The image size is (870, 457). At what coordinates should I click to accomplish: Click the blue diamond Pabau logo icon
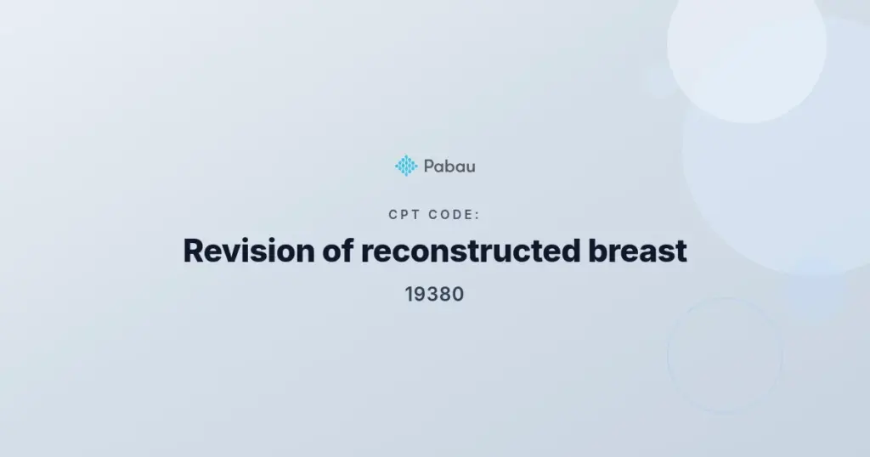coord(406,166)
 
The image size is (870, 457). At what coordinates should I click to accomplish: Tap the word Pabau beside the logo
coord(449,166)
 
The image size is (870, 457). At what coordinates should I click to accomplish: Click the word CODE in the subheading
coord(451,215)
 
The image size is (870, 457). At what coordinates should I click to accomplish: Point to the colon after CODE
coord(477,215)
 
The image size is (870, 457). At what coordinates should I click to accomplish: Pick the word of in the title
coord(338,251)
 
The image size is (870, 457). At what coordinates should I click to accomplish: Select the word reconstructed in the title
coord(471,251)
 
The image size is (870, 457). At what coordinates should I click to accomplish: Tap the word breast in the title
coord(637,251)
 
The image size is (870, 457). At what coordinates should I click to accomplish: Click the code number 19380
coord(434,294)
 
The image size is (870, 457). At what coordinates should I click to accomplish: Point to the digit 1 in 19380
coord(409,294)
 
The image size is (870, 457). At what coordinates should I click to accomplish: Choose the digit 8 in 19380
coord(446,294)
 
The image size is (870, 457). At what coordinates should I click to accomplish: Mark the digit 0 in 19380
coord(458,294)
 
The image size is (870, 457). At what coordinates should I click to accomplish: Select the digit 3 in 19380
coord(434,294)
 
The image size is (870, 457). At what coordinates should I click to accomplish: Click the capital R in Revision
coord(194,251)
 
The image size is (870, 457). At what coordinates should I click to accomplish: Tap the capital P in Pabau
coord(429,166)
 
